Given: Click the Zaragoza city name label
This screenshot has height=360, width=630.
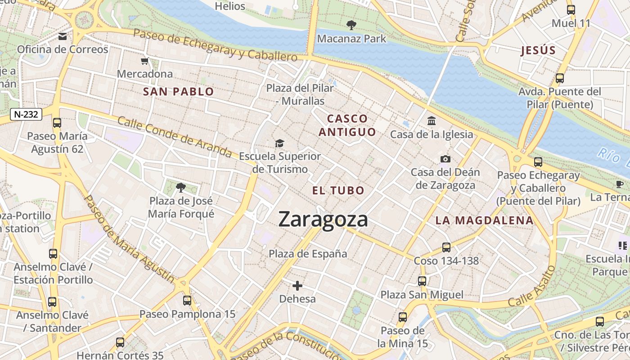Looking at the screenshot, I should (323, 220).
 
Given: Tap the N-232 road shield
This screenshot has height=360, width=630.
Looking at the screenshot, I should (26, 114).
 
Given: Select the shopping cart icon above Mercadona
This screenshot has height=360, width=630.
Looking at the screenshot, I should (144, 61).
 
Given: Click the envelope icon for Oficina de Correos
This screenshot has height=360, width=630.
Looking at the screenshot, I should (63, 36).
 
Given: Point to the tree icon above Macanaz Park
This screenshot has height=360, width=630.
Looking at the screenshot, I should (351, 25).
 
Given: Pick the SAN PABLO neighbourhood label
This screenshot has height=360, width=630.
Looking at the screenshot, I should (178, 92).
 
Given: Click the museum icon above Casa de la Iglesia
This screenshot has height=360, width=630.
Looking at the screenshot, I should (432, 121).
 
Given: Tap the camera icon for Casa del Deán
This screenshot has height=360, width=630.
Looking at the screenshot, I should (445, 159).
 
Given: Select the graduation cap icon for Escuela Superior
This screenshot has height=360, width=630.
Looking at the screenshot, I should (280, 143).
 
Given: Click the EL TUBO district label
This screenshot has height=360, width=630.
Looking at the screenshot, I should (338, 190).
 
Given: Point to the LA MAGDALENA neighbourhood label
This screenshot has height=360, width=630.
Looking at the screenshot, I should (485, 220).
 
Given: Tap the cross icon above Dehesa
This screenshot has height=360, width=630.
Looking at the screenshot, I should (297, 285).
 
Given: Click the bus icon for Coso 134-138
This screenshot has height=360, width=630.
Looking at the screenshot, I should (446, 247).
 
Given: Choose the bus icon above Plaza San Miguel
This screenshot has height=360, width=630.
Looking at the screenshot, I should (422, 281).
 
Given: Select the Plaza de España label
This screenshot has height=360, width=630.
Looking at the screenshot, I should (308, 254).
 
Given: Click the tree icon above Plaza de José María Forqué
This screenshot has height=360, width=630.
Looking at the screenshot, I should (181, 187).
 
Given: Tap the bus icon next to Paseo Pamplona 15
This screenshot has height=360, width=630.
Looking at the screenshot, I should (187, 300).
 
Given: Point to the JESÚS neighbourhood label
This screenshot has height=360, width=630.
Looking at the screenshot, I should (538, 50).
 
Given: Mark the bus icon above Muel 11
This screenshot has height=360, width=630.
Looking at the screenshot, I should (571, 9).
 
